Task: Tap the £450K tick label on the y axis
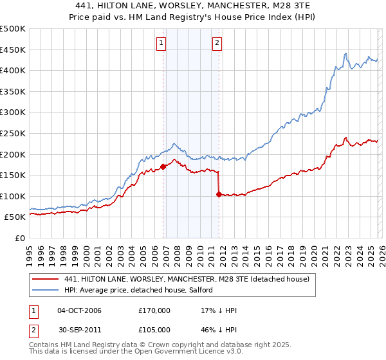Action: [x=13, y=50]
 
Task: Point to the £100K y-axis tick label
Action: [x=13, y=196]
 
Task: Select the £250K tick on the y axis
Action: [x=13, y=133]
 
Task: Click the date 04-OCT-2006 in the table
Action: [x=80, y=310]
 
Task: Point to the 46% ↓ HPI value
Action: [x=219, y=331]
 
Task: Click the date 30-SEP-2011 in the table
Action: [x=80, y=331]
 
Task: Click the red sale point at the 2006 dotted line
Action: [x=163, y=166]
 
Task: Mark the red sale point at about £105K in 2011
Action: [x=219, y=194]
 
